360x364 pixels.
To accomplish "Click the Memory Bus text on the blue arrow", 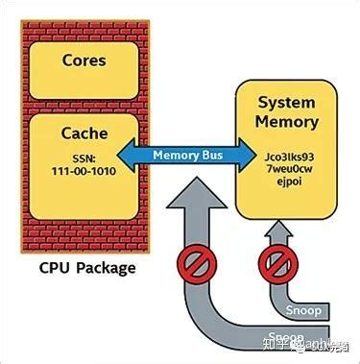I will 176,154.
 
